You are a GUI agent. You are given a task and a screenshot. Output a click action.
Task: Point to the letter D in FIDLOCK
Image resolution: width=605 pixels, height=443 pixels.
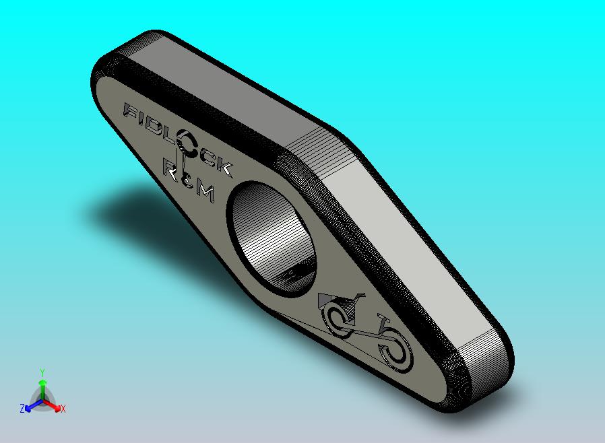[x=158, y=128]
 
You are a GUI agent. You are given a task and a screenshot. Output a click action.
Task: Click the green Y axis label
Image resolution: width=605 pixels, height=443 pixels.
[x=42, y=372]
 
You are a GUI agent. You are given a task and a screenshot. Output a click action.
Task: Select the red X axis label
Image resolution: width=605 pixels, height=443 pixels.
[x=63, y=409]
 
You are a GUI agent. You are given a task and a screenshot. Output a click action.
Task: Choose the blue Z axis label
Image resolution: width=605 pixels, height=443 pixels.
[x=22, y=409]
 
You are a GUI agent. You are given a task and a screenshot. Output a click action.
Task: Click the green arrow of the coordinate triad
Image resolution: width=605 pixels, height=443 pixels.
[x=42, y=386]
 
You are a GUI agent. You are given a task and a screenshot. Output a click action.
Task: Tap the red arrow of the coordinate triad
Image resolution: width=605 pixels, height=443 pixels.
[x=54, y=406]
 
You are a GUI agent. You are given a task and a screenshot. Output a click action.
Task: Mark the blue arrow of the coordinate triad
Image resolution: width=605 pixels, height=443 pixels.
[x=30, y=406]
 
